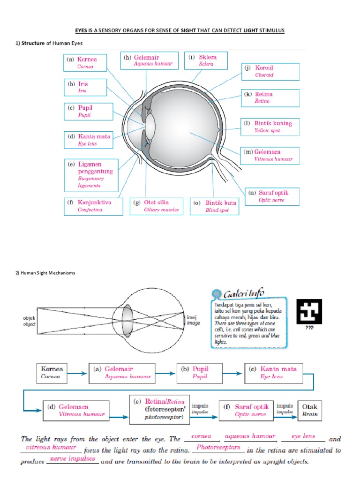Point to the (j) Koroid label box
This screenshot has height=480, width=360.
pyautogui.click(x=270, y=71)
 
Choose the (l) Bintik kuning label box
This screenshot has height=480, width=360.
pyautogui.click(x=270, y=127)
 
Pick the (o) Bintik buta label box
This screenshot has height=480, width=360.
pyautogui.click(x=215, y=206)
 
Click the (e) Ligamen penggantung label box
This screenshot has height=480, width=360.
pyautogui.click(x=90, y=174)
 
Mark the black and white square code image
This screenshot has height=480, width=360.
pyautogui.click(x=309, y=311)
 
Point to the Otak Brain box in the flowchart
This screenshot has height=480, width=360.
pyautogui.click(x=310, y=411)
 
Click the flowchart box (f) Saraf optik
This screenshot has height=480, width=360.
pyautogui.click(x=246, y=411)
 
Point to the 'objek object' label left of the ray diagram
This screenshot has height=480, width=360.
pyautogui.click(x=29, y=321)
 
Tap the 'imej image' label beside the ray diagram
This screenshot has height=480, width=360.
pyautogui.click(x=193, y=320)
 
